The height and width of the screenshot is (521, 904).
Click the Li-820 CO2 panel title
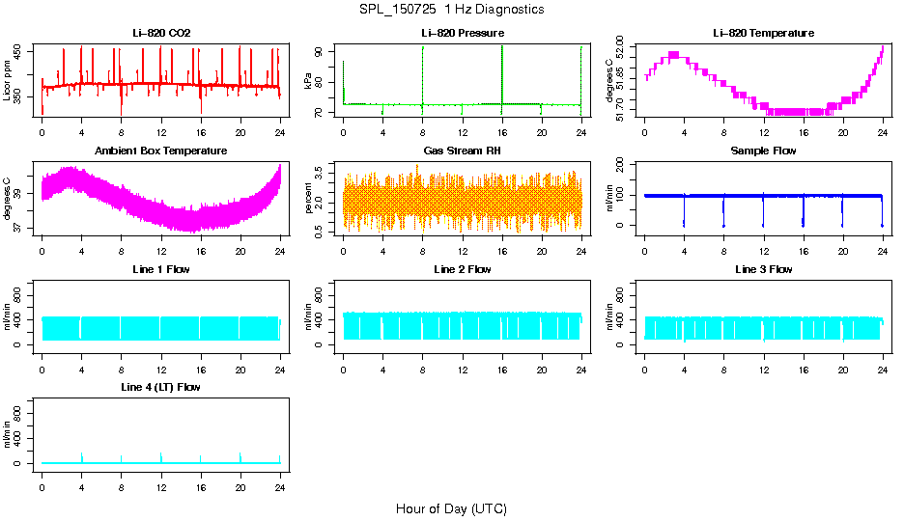(x=161, y=34)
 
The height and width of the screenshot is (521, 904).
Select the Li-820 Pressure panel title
(x=462, y=34)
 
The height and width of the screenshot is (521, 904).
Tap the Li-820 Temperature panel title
(x=763, y=34)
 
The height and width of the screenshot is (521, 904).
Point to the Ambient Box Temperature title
(x=161, y=151)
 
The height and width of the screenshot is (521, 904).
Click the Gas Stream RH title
(x=462, y=151)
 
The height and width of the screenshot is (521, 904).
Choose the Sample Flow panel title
(x=763, y=151)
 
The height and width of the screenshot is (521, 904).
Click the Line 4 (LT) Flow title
(x=161, y=387)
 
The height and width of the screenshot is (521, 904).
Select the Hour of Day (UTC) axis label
(x=451, y=508)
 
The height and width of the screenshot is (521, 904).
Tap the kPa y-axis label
(x=309, y=81)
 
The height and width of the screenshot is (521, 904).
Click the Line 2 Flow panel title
(x=462, y=269)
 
